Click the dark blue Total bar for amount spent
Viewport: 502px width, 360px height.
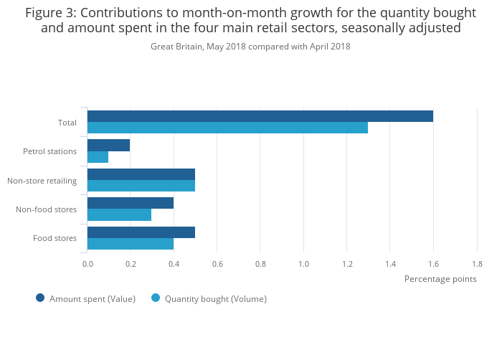260,116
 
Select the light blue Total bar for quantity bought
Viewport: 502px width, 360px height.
227,128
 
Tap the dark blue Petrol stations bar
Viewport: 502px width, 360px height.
108,146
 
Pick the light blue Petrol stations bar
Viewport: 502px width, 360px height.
98,157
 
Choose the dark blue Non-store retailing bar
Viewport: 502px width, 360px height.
141,174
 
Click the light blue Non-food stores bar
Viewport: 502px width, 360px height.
119,214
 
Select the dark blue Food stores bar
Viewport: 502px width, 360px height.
141,232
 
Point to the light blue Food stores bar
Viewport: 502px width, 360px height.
130,244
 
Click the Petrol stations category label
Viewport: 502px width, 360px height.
49,151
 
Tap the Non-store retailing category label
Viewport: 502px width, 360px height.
42,180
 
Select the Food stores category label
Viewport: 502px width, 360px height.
55,238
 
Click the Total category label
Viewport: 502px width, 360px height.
67,123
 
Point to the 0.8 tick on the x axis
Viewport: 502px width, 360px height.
260,264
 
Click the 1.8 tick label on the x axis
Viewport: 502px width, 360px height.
477,264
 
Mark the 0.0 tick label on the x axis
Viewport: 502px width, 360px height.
87,264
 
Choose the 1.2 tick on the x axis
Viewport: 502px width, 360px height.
347,264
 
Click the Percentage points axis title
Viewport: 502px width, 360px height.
440,279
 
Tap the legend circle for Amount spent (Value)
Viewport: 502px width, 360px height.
40,298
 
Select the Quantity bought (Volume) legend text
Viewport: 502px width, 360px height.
215,299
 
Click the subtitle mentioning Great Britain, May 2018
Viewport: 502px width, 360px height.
250,47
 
